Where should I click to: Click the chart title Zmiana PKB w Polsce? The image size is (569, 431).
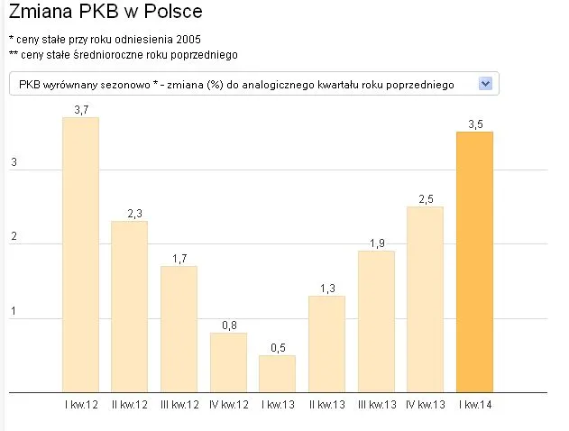(x=105, y=13)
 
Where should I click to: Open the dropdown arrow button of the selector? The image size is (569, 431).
(x=485, y=83)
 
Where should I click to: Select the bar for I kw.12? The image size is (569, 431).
(x=80, y=254)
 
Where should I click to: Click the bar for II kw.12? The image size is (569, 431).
(x=129, y=307)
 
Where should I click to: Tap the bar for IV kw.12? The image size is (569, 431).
(x=228, y=362)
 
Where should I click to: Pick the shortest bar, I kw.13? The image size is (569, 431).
(x=277, y=373)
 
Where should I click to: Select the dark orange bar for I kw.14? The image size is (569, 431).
(x=474, y=261)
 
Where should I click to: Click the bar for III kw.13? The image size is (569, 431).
(x=376, y=321)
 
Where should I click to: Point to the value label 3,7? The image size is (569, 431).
(x=80, y=110)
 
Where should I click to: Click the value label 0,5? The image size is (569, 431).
(x=277, y=348)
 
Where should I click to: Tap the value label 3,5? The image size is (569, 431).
(x=474, y=124)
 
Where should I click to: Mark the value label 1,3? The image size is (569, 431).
(x=326, y=289)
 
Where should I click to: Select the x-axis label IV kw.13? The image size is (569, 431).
(x=425, y=405)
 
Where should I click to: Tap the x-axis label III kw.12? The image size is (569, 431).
(x=179, y=405)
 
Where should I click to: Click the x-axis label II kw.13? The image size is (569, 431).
(x=326, y=405)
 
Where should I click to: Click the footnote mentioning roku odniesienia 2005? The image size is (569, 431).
(x=105, y=41)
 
